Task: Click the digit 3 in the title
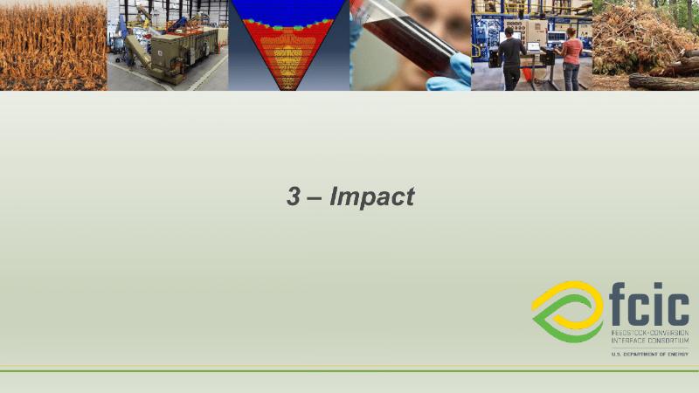click(293, 196)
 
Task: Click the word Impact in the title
click(372, 197)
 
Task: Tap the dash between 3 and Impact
click(315, 198)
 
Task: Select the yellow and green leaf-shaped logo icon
click(568, 312)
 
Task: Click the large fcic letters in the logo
click(648, 304)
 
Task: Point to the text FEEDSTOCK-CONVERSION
click(650, 333)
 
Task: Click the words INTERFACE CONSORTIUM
click(650, 341)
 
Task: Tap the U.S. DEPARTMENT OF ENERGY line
click(650, 355)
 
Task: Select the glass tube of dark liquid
click(409, 39)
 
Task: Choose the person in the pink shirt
click(570, 59)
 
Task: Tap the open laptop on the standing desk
click(534, 47)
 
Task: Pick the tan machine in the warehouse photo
click(183, 53)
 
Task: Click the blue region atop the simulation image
click(288, 12)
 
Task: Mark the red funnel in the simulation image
click(288, 53)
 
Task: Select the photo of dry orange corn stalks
click(53, 45)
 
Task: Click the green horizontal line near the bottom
click(349, 370)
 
